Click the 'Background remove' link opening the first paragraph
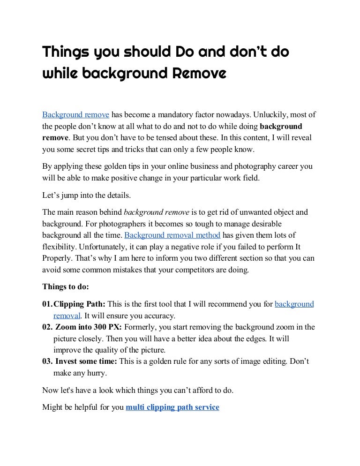[75, 114]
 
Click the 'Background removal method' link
[172, 235]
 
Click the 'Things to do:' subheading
[65, 287]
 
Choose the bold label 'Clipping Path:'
[80, 304]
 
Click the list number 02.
[47, 327]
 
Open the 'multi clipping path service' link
[172, 407]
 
